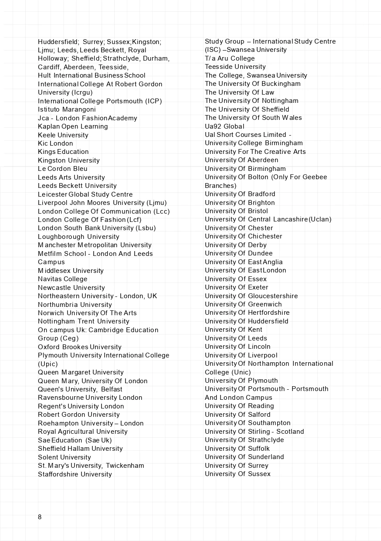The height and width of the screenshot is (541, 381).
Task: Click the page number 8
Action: (40, 517)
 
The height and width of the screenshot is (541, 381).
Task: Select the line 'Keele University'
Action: (63, 135)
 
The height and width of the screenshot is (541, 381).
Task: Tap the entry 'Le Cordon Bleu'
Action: (63, 169)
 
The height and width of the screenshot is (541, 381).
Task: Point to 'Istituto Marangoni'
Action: (67, 109)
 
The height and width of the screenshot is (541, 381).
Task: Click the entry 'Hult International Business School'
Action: (92, 75)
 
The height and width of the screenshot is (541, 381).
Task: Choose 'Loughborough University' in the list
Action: (78, 237)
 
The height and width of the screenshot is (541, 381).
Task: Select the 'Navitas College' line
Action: (63, 279)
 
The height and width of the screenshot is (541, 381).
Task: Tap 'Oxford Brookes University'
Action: (80, 347)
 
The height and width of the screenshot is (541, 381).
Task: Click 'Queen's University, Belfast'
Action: (80, 389)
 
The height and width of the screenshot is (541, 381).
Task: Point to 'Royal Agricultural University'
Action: (83, 432)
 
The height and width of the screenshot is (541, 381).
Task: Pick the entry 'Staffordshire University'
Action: (75, 474)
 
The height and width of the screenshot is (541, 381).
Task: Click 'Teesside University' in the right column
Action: (235, 67)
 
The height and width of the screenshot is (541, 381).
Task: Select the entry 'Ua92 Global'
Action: (225, 126)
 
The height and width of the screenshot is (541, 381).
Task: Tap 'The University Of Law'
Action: (240, 92)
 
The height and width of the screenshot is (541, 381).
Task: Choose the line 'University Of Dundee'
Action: (239, 253)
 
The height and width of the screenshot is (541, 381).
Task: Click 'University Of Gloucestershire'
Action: (252, 296)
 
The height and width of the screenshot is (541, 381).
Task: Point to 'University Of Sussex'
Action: (238, 474)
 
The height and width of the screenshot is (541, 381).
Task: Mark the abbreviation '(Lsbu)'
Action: (146, 228)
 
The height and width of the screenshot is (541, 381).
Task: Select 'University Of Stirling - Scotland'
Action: (255, 432)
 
